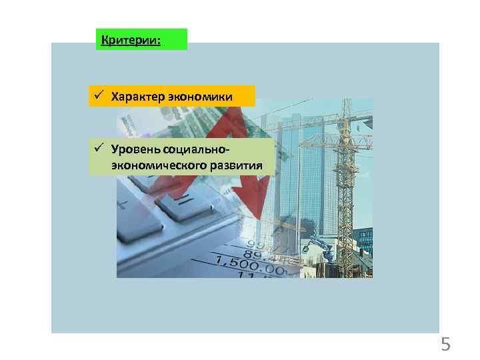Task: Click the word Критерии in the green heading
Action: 129,40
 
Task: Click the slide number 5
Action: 445,345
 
